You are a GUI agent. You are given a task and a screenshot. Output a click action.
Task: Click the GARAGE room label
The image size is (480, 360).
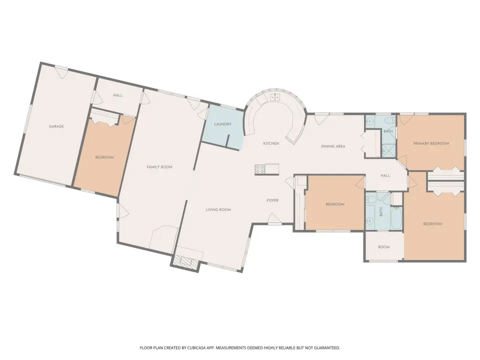tap(56, 126)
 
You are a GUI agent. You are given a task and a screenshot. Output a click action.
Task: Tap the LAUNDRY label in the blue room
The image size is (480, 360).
tap(222, 124)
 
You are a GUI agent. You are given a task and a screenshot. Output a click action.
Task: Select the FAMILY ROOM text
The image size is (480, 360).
tap(159, 167)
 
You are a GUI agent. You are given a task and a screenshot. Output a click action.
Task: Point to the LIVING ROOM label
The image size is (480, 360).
tap(218, 209)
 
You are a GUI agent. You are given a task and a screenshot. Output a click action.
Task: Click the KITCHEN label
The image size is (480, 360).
tap(271, 143)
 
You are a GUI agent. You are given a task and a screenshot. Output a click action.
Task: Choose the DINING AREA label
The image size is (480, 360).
tap(333, 146)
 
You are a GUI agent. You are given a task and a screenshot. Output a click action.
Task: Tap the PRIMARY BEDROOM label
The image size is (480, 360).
tap(431, 143)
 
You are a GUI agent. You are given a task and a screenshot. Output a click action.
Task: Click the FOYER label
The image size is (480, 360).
tap(272, 200)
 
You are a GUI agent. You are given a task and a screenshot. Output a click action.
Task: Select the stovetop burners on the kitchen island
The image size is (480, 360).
tap(260, 169)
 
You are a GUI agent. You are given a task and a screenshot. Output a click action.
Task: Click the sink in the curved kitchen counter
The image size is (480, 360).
tap(275, 97)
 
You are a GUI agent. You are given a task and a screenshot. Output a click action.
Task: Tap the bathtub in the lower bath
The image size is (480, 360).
tap(396, 217)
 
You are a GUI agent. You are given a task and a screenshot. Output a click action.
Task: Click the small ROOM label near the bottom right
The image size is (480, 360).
tap(384, 247)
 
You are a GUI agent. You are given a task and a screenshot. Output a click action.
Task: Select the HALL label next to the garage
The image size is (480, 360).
tap(118, 95)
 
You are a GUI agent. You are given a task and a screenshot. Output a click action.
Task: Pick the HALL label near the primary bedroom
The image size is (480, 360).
tap(385, 175)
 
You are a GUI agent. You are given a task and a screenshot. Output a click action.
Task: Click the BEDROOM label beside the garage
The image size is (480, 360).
tap(104, 157)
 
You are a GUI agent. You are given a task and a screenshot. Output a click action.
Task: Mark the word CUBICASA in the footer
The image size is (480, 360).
tap(198, 348)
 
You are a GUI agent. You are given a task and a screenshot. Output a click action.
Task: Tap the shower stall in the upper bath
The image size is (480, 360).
tap(388, 151)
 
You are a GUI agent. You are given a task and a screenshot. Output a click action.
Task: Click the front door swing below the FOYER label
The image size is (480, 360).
tap(274, 219)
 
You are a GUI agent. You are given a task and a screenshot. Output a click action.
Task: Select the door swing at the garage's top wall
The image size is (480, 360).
tap(61, 72)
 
